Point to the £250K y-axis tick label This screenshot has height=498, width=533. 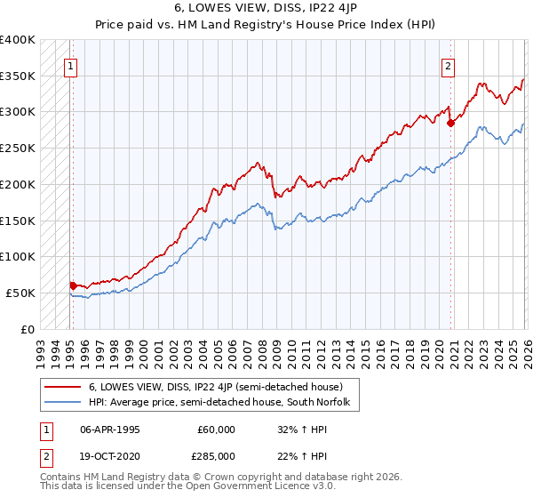(x=18, y=148)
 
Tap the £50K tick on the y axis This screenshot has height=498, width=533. (x=20, y=293)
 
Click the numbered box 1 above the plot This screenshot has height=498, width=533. (x=70, y=65)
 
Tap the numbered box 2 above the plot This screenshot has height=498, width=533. (x=449, y=65)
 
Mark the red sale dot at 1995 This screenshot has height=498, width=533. (x=73, y=285)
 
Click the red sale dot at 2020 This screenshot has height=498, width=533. (x=450, y=123)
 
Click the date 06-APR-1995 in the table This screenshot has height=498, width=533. (x=110, y=429)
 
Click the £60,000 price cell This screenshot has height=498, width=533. (x=216, y=429)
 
